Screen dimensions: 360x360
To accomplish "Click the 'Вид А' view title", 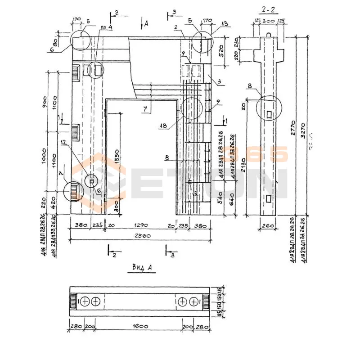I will [x=143, y=268].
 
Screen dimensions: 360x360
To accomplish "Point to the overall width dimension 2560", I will [x=141, y=236].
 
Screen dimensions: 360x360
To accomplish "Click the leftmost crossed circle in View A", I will [x=86, y=301].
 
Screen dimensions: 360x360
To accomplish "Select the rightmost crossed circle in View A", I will [x=194, y=301].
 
